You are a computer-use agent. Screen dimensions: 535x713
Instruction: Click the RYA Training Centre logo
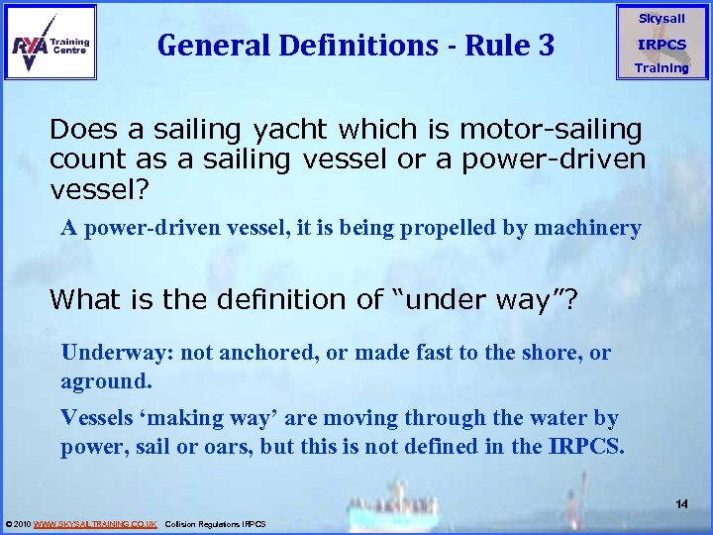(51, 43)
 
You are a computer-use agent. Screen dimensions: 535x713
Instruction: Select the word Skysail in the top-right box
(662, 19)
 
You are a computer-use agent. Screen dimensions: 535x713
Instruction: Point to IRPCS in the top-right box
(662, 45)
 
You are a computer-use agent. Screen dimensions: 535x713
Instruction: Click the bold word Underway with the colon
(106, 352)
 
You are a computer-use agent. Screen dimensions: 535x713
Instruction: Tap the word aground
(105, 380)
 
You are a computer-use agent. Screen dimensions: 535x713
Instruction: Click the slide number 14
(681, 504)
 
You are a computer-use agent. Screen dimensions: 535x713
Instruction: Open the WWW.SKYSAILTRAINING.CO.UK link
(95, 523)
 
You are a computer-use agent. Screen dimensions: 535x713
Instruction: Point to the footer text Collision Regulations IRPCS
(215, 523)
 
